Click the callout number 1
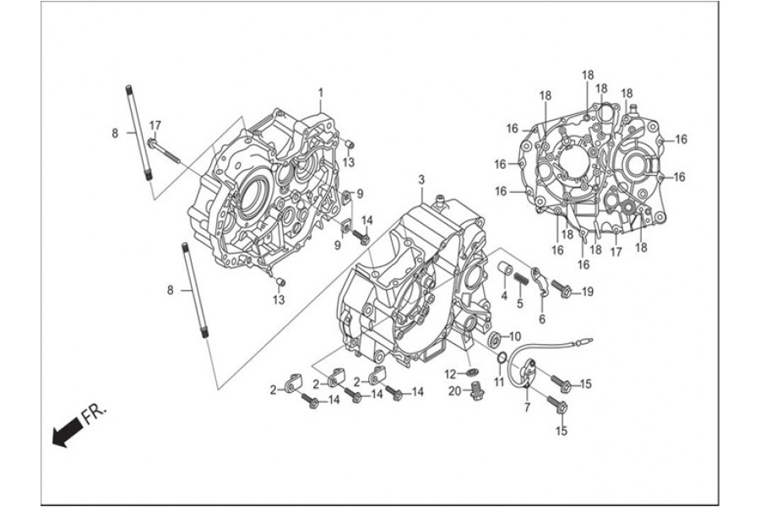(321, 91)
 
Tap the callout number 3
(421, 180)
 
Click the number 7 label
(527, 409)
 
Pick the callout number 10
(516, 335)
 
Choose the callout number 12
(451, 373)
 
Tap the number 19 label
(588, 292)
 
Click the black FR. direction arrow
(63, 433)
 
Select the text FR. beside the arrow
(95, 414)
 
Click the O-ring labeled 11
(502, 361)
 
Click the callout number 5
(520, 304)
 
